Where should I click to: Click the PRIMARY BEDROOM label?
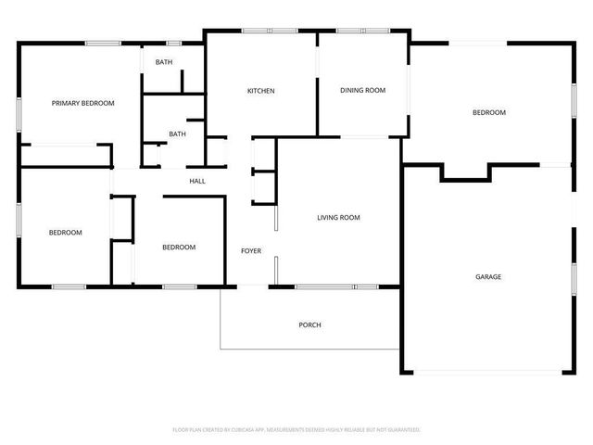point(83,103)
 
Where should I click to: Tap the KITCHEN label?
point(260,91)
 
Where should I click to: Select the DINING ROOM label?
point(362,91)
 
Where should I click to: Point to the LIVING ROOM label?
point(338,218)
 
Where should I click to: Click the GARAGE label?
point(488,276)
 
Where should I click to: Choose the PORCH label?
point(309,324)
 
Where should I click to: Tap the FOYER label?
point(251,251)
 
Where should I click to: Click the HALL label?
point(197,181)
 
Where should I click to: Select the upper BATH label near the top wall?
point(163,62)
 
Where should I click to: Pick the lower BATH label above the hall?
point(177,134)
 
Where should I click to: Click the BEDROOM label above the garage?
point(489,112)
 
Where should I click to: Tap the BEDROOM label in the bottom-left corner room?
point(66,232)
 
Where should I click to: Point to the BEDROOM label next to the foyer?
point(179,247)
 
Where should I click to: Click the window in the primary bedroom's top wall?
point(102,43)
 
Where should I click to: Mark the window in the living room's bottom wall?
point(337,287)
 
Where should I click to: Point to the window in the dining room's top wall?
point(362,32)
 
